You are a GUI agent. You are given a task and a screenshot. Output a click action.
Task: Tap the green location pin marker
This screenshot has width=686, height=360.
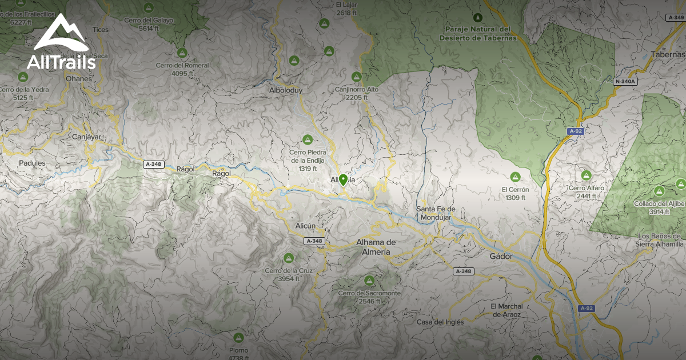pyautogui.click(x=343, y=181)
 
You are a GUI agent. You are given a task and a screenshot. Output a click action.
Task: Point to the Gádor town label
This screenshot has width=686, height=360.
pyautogui.click(x=501, y=257)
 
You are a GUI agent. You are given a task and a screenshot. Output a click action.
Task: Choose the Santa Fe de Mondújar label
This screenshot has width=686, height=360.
pyautogui.click(x=436, y=213)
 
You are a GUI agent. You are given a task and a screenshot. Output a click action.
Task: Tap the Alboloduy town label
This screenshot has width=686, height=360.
pyautogui.click(x=285, y=90)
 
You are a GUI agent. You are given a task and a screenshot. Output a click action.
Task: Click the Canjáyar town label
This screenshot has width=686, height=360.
pyautogui.click(x=86, y=137)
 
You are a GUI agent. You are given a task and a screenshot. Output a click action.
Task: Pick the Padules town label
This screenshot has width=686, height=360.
pyautogui.click(x=32, y=163)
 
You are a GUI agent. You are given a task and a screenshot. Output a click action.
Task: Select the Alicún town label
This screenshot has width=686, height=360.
pyautogui.click(x=305, y=226)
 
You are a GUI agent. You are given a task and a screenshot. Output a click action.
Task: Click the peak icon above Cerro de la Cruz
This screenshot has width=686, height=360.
pyautogui.click(x=289, y=258)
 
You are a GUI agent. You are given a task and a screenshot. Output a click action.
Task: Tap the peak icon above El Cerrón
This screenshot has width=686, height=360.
pyautogui.click(x=515, y=177)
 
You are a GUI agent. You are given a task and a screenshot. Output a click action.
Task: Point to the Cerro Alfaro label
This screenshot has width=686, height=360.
pyautogui.click(x=587, y=192)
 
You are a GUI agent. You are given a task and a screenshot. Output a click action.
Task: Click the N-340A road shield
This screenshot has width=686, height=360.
pyautogui.click(x=625, y=82)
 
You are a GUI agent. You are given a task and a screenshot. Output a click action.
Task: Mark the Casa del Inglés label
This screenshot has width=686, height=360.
pyautogui.click(x=440, y=322)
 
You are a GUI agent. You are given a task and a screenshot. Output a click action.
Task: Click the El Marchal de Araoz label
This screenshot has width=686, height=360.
pyautogui.click(x=506, y=310)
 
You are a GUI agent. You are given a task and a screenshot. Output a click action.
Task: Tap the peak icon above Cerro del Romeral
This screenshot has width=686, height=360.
pyautogui.click(x=182, y=53)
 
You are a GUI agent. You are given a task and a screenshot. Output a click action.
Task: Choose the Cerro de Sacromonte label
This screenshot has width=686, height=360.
pyautogui.click(x=369, y=297)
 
